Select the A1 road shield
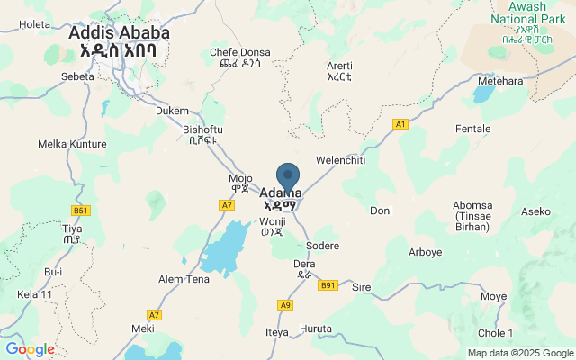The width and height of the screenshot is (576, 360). coord(400,123)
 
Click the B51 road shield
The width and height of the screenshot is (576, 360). coord(82,211)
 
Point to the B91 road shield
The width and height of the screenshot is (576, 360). coord(328,285)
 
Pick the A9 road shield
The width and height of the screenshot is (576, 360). coord(285,305)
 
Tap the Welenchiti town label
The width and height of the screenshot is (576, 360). coord(340,159)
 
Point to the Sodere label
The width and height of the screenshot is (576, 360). coord(322,246)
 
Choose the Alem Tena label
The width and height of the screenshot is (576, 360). coord(184,279)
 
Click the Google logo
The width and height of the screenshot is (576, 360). coord(30,349)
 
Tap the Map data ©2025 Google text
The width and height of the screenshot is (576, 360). coord(519,352)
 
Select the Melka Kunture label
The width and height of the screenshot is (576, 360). coord(72,144)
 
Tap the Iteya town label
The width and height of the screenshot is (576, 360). coord(276,332)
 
